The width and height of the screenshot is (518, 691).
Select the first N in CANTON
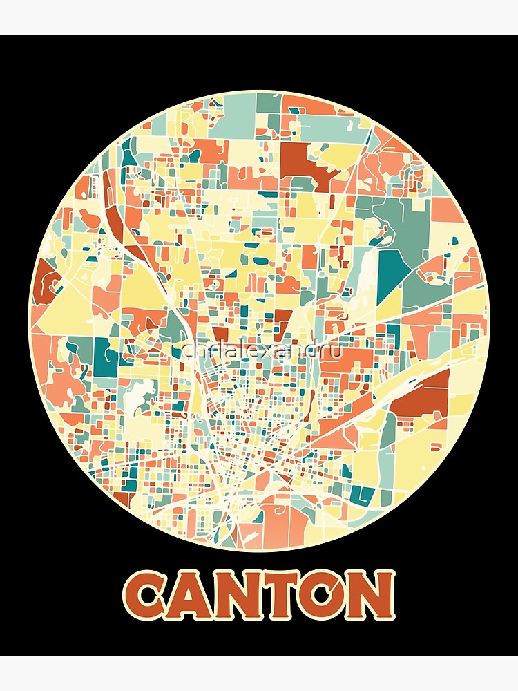pos(242,594)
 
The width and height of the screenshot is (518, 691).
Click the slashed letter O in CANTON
pos(325,594)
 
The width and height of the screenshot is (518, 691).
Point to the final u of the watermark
pos(336,351)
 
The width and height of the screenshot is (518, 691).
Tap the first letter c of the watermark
pos(187,351)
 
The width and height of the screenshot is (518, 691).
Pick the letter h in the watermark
pos(198,351)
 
